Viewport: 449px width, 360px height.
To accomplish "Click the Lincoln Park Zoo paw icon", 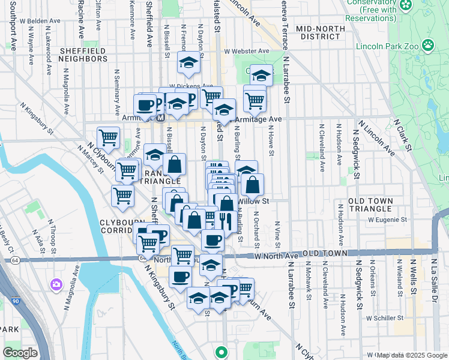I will coord(428,44).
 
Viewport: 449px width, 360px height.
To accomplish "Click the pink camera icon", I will coord(56,283).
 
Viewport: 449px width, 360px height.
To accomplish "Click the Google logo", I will coord(20,353).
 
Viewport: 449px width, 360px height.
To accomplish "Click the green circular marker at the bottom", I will coord(221,352).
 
